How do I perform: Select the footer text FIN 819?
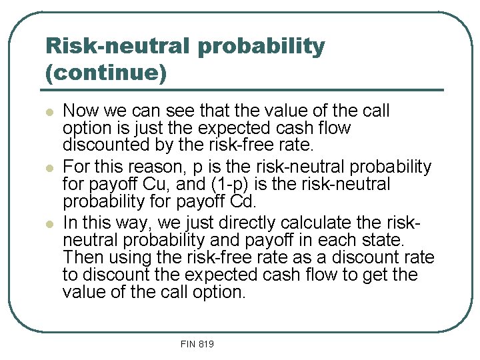click(197, 344)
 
